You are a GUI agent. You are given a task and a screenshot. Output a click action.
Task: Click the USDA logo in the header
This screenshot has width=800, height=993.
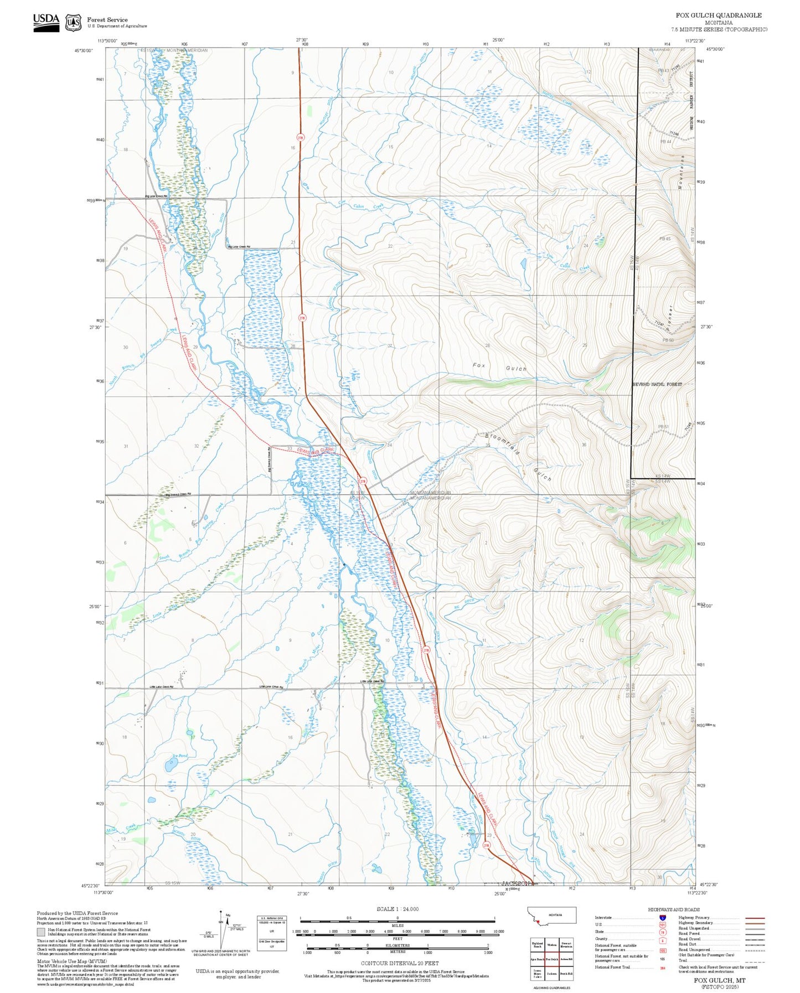pos(45,20)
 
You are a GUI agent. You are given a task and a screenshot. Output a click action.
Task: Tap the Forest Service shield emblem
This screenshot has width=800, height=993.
pos(73,23)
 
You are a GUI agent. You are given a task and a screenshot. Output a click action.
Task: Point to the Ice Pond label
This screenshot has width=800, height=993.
pos(180,756)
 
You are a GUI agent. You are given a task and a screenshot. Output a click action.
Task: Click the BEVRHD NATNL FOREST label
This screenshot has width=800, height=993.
pos(657,384)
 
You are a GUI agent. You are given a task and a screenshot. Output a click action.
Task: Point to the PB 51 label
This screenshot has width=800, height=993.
pos(663,426)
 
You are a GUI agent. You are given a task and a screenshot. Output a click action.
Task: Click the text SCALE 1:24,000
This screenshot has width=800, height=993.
pos(398,909)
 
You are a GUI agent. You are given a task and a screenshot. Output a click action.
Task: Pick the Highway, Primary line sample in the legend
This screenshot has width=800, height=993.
pos(755,918)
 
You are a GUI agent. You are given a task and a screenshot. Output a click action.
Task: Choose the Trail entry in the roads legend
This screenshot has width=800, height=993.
pos(755,960)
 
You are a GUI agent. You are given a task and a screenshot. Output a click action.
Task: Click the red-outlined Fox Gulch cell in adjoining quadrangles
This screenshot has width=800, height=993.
pos(551,959)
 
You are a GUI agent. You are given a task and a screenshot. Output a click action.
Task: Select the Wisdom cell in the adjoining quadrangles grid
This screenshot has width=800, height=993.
pos(551,945)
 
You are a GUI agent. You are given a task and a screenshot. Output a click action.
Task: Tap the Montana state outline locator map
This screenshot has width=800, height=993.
pos(551,915)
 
